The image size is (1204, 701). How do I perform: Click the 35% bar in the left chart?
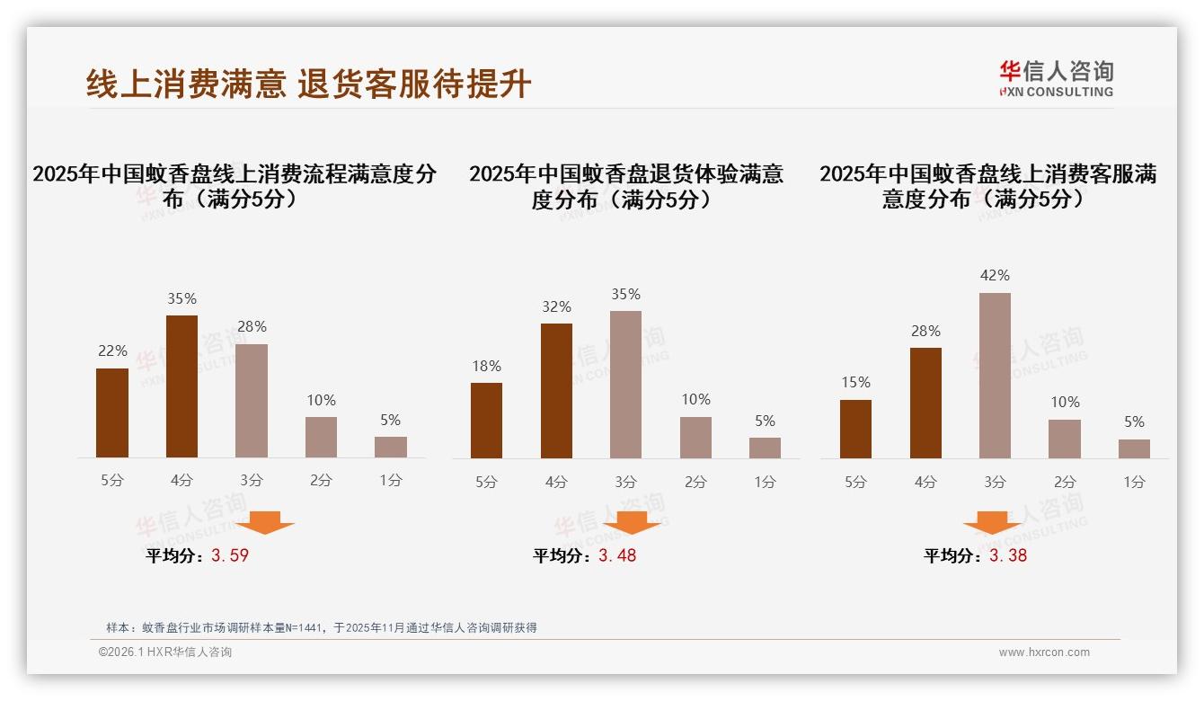point(182,386)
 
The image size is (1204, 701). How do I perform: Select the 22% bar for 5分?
point(112,413)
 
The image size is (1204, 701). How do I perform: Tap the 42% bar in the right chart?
point(995,376)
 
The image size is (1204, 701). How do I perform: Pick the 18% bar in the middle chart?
point(486,421)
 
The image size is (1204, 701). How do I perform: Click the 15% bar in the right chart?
point(855,429)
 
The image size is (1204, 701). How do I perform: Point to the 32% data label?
point(556,307)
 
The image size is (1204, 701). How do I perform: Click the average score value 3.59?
point(230,555)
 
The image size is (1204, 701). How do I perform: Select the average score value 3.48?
point(617,555)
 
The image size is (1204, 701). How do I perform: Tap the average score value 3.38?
point(1008,555)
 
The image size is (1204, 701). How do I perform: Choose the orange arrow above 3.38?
point(992,522)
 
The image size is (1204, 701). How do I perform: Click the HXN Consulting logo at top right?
point(1056,78)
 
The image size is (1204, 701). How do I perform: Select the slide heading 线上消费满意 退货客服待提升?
point(309,84)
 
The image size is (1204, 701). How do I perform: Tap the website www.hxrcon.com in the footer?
point(1044,652)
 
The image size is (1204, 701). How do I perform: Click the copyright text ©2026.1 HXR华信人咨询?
point(165,652)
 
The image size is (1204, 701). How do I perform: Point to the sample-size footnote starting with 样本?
point(321,627)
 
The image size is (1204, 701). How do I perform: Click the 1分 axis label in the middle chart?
point(765,482)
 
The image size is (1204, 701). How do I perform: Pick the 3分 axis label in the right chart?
point(995,482)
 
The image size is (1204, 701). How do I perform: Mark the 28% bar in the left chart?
point(252,401)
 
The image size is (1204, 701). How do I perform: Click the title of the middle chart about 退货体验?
point(625,186)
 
